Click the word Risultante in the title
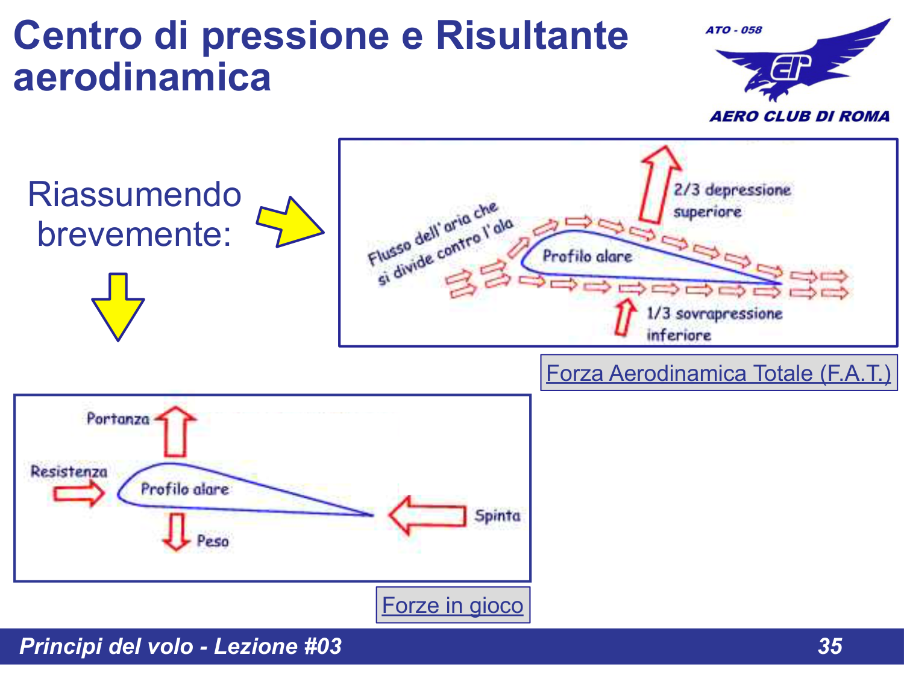(532, 35)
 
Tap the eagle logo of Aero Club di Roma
(801, 63)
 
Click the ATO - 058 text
(733, 30)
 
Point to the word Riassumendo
(134, 195)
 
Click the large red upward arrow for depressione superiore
(658, 184)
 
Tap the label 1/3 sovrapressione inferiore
(714, 324)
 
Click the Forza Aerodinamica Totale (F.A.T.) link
(718, 374)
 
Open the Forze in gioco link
(453, 605)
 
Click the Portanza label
(118, 419)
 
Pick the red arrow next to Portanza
(175, 430)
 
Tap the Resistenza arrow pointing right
(78, 494)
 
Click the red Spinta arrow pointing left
(427, 515)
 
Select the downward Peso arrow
(177, 530)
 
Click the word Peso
(213, 541)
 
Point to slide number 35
(830, 646)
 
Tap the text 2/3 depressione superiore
(732, 201)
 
